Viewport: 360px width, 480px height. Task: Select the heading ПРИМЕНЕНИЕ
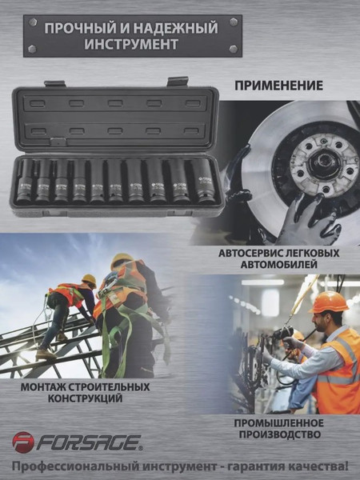click(x=279, y=85)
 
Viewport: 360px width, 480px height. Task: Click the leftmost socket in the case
click(x=25, y=182)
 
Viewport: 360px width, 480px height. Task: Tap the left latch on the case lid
click(x=54, y=83)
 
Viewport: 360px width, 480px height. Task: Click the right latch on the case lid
click(x=178, y=81)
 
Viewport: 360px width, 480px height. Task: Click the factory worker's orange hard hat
click(x=329, y=302)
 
